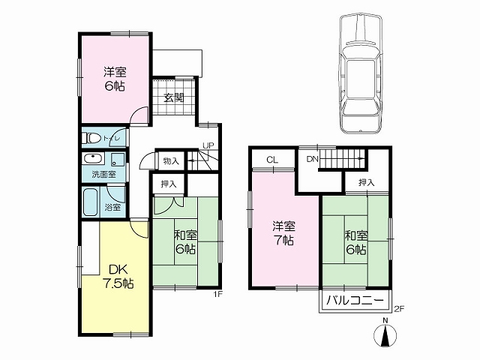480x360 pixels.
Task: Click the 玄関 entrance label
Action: tap(173, 98)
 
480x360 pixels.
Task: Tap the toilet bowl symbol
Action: tap(91, 138)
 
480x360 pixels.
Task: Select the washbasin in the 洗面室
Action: tap(94, 160)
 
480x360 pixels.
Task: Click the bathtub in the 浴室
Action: tap(91, 202)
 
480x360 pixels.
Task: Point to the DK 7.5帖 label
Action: tap(118, 277)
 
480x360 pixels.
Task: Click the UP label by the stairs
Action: tap(208, 145)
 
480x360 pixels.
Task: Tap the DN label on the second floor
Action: tap(312, 159)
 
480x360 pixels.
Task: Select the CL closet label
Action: tap(272, 160)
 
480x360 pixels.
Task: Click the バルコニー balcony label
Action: tap(355, 300)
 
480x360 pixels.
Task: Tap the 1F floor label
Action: tap(217, 294)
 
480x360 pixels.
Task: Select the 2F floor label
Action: tap(399, 309)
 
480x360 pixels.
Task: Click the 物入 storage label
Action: tap(171, 161)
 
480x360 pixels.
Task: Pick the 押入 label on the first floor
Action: tap(169, 184)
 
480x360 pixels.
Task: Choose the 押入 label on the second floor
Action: tap(367, 183)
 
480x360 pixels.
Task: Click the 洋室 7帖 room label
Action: tap(283, 233)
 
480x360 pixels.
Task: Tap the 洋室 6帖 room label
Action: tap(115, 79)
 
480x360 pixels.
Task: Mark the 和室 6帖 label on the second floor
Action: tap(356, 243)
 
